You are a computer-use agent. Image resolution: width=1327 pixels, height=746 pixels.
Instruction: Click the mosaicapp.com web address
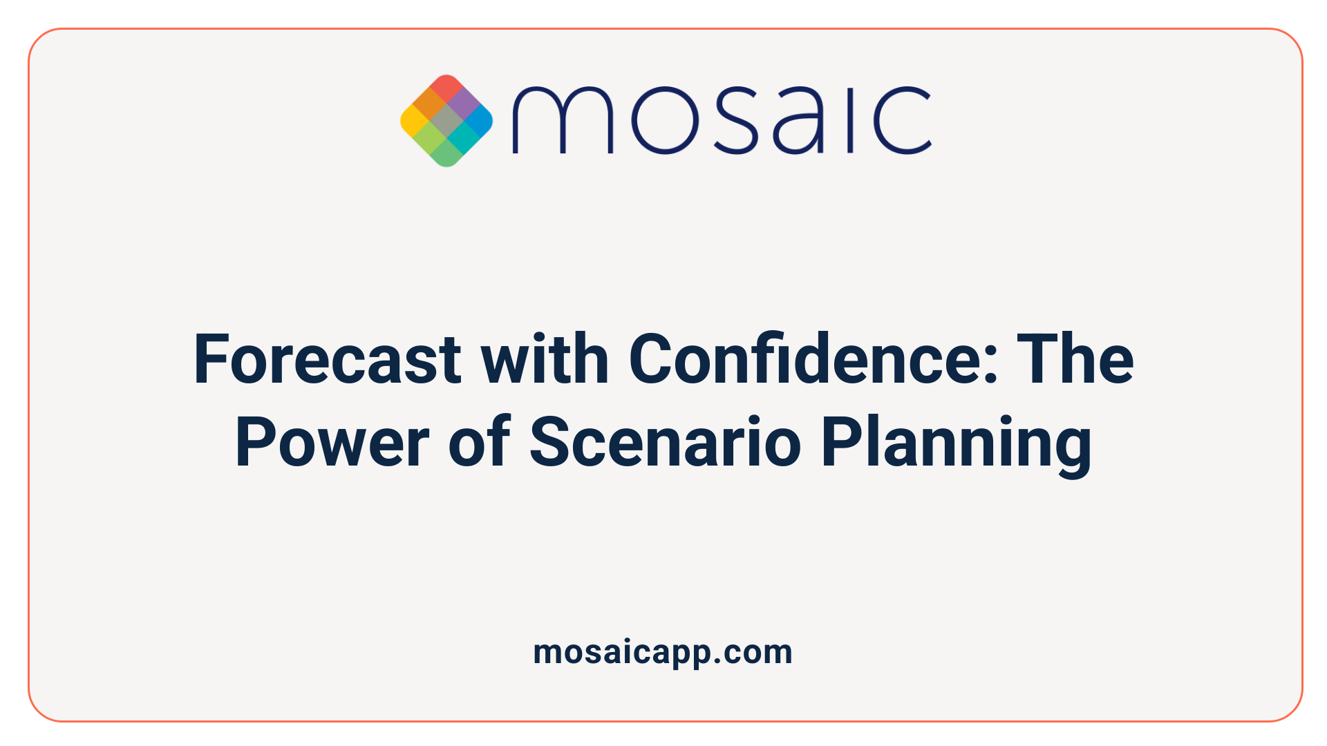tap(663, 652)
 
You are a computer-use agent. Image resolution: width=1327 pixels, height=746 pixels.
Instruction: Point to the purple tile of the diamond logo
tap(463, 104)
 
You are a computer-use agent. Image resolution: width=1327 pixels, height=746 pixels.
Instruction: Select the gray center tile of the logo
tap(446, 121)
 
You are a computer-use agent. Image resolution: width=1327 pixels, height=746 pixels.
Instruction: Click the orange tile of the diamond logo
tap(430, 104)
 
